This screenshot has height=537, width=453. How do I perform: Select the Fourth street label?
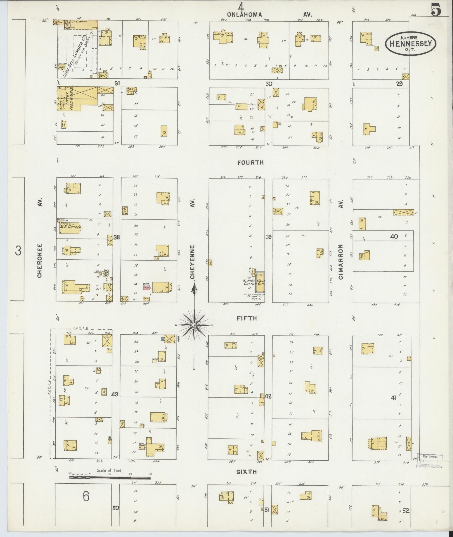[250, 162]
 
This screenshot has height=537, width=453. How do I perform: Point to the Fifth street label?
[247, 318]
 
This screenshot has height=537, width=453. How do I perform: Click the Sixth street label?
[246, 472]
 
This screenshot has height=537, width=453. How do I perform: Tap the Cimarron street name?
[341, 261]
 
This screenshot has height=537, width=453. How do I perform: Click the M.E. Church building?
[70, 228]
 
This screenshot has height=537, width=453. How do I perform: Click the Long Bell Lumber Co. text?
[78, 56]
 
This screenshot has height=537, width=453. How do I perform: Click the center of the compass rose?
[194, 325]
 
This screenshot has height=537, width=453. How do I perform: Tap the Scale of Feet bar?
[110, 477]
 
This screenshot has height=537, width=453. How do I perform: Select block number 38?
[117, 237]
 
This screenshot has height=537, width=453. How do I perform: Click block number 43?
[115, 394]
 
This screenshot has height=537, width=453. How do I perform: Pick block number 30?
[269, 84]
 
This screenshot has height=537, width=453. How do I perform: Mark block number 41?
[393, 397]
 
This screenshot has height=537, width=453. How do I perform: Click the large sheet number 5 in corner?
[436, 11]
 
